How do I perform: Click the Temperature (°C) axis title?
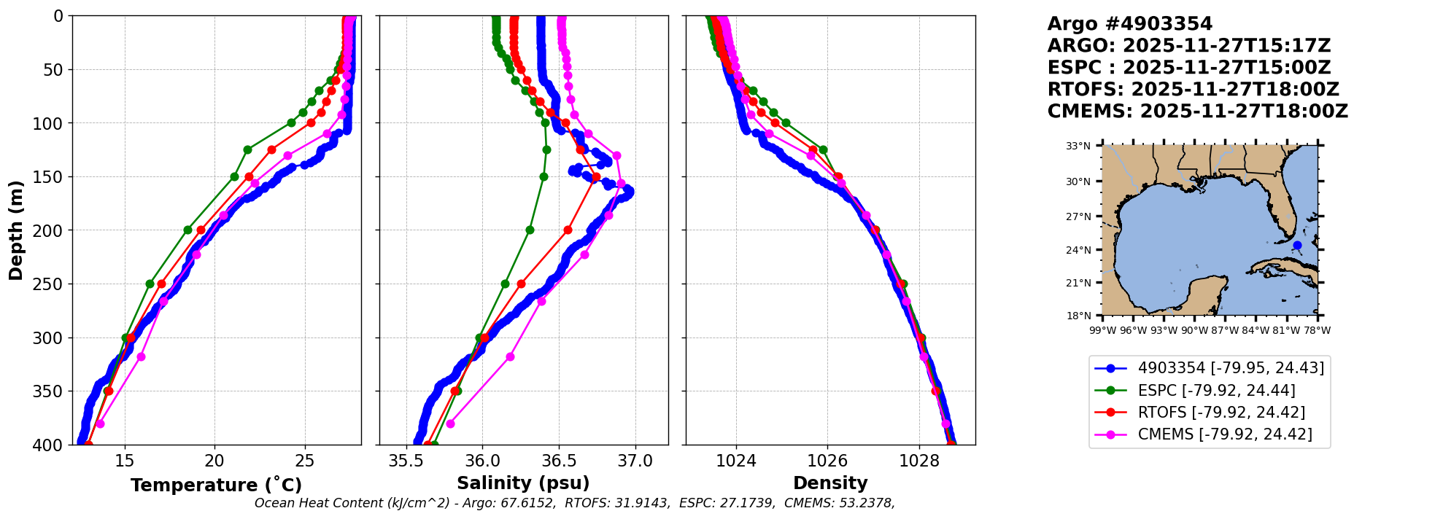216,485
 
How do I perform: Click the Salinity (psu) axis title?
523,483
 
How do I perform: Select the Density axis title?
830,483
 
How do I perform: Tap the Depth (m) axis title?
16,230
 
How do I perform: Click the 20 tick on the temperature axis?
214,461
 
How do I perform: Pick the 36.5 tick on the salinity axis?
558,461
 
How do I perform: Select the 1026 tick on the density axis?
827,461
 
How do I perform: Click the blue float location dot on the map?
1297,246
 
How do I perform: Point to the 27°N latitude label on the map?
1078,216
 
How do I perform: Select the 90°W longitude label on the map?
1194,331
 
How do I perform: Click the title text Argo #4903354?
1129,24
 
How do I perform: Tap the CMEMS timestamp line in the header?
1197,112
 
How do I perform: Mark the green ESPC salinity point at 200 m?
530,230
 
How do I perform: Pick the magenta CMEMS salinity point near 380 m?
450,424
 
